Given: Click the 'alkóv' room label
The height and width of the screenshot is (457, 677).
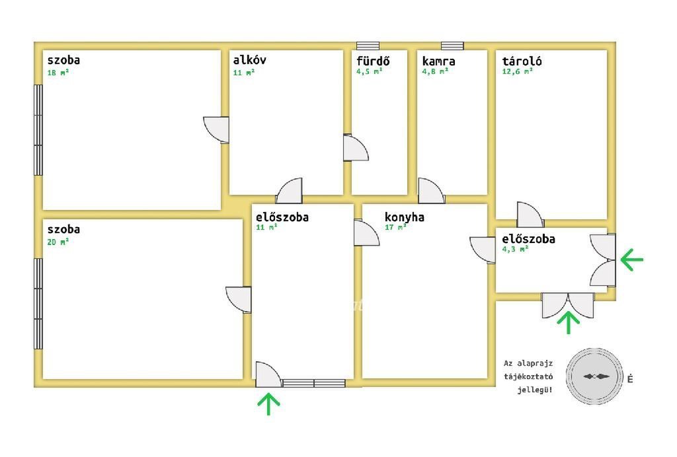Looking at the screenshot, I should (250, 60).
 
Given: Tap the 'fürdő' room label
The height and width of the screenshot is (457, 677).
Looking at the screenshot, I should (373, 61).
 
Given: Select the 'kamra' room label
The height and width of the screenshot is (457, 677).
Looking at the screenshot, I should (438, 61).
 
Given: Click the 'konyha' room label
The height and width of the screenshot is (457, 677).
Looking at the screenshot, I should (405, 217).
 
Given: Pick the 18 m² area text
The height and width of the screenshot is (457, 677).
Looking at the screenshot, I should (58, 73).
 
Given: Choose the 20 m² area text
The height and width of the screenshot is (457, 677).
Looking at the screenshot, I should (58, 242).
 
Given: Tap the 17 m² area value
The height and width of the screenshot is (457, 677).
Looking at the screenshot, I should (395, 228).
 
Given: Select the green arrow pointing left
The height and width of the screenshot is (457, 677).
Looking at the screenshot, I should (632, 260).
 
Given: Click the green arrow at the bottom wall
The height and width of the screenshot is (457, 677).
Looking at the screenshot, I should (268, 404).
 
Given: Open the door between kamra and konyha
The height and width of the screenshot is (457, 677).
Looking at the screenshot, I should (431, 191).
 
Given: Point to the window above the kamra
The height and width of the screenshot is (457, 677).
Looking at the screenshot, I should (452, 46).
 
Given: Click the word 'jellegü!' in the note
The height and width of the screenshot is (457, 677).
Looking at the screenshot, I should (535, 390).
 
